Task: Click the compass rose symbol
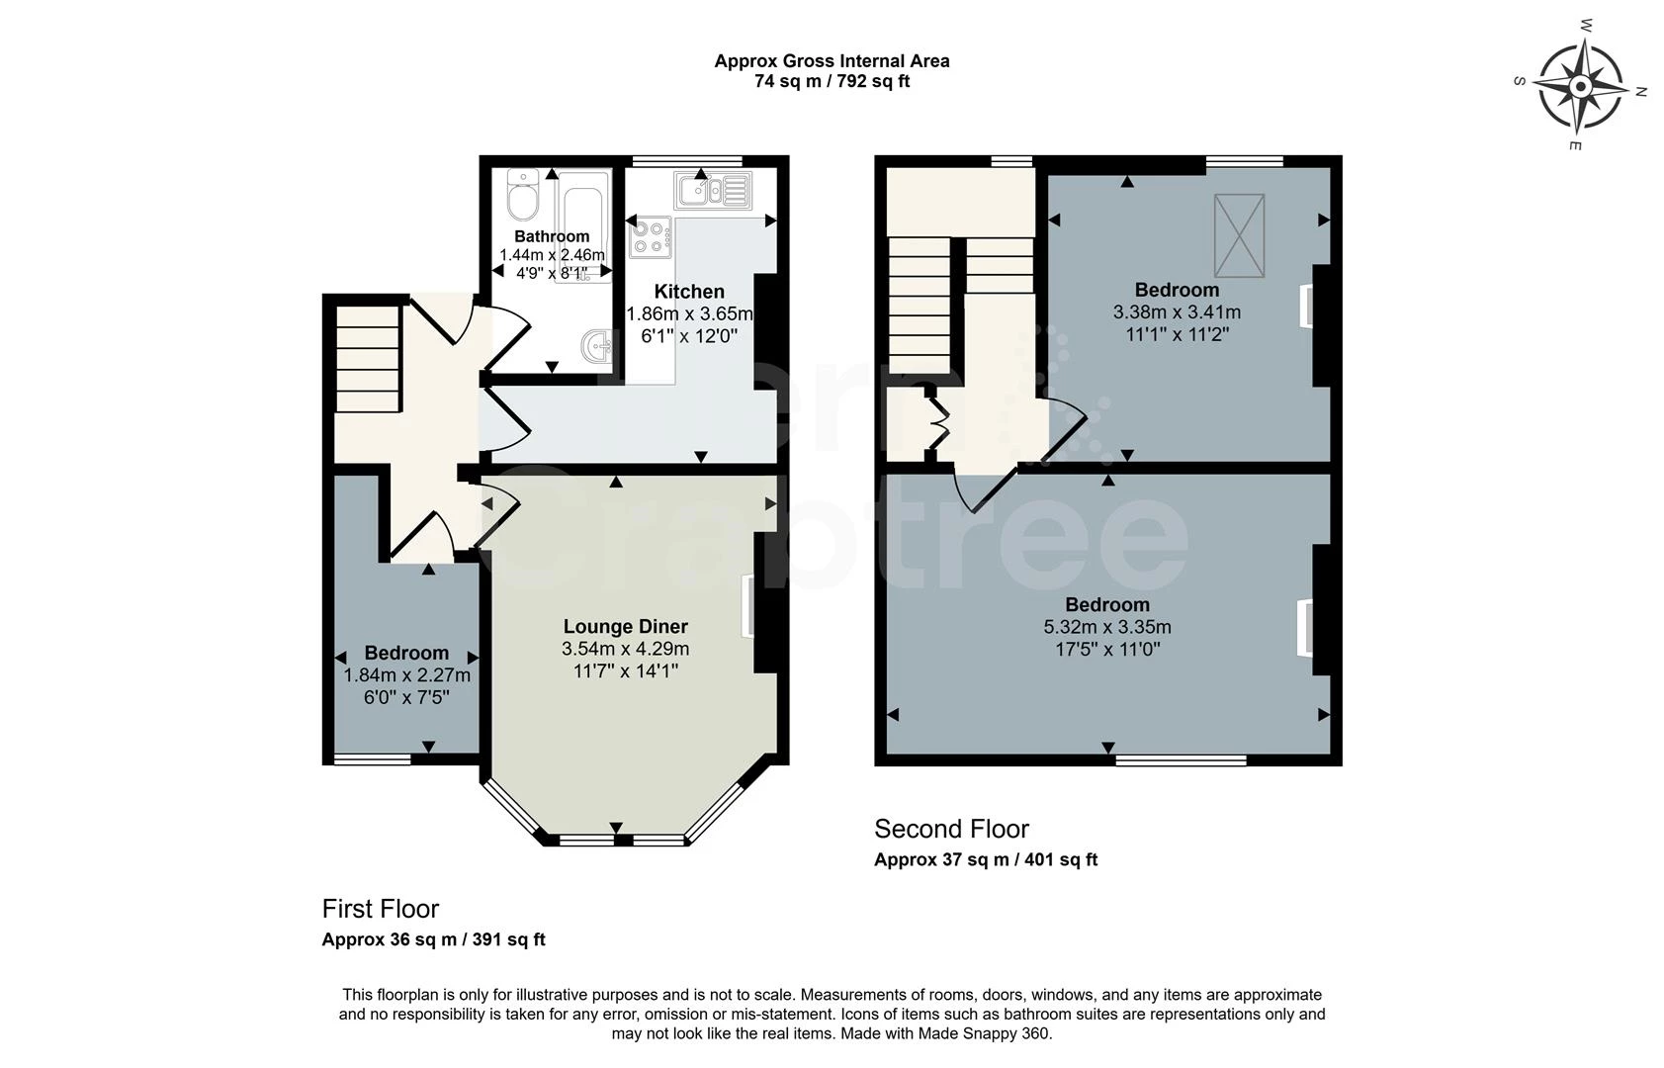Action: point(1580,87)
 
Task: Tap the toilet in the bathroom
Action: point(521,197)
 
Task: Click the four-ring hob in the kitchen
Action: point(650,237)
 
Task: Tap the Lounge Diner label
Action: point(625,626)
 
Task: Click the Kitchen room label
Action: point(689,292)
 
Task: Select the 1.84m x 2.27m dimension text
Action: point(406,675)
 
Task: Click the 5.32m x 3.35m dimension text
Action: point(1107,627)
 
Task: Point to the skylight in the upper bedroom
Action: point(1239,235)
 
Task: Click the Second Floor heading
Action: point(951,829)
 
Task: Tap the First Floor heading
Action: point(381,909)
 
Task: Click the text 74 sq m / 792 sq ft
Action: point(832,82)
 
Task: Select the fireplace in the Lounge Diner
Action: point(748,606)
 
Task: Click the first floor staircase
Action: point(367,358)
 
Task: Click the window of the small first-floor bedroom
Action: point(372,759)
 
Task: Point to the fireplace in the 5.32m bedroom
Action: point(1305,628)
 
